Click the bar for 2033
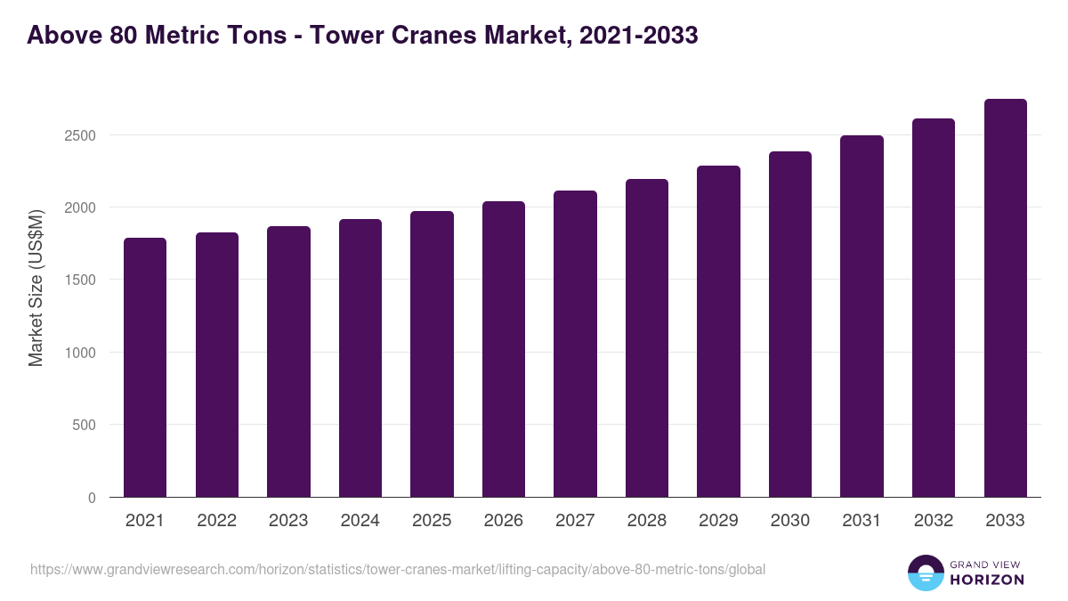pyautogui.click(x=1005, y=297)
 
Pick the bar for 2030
pyautogui.click(x=790, y=324)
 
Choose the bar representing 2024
pyautogui.click(x=360, y=358)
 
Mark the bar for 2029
pyautogui.click(x=718, y=331)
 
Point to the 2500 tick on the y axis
pyautogui.click(x=79, y=135)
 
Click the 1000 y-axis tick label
pyautogui.click(x=79, y=353)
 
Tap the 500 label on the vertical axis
pyautogui.click(x=84, y=425)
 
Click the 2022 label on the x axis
pyautogui.click(x=216, y=521)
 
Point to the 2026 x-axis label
pyautogui.click(x=503, y=521)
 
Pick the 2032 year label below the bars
pyautogui.click(x=933, y=521)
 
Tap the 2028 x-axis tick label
pyautogui.click(x=646, y=521)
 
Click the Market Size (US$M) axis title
pyautogui.click(x=36, y=288)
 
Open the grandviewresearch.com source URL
pyautogui.click(x=397, y=569)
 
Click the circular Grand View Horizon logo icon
pyautogui.click(x=925, y=573)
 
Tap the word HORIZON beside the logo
pyautogui.click(x=987, y=580)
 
